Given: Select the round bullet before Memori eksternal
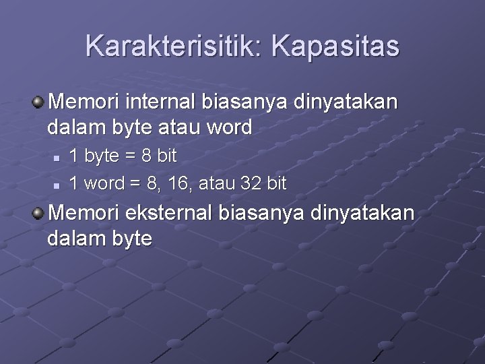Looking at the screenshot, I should [39, 214].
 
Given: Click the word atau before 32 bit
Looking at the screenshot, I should [214, 183].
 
